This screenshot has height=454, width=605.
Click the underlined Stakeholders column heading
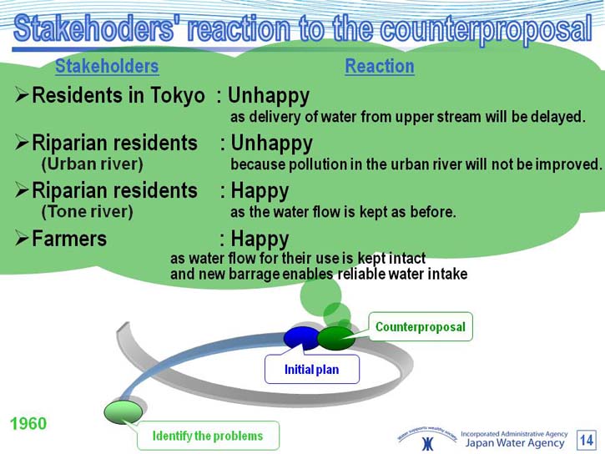pyautogui.click(x=107, y=66)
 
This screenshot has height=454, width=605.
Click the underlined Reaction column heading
pyautogui.click(x=380, y=66)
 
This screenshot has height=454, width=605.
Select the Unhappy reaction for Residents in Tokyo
pyautogui.click(x=269, y=96)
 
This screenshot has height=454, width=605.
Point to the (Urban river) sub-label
pyautogui.click(x=93, y=164)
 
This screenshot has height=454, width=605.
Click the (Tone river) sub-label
pyautogui.click(x=87, y=212)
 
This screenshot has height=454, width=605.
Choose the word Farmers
pyautogui.click(x=69, y=239)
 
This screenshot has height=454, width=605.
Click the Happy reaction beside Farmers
pyautogui.click(x=260, y=240)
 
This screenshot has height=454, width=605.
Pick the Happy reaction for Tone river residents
pyautogui.click(x=260, y=191)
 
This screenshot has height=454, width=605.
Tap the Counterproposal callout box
pyautogui.click(x=421, y=326)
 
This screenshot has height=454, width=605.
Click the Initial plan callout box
pyautogui.click(x=312, y=370)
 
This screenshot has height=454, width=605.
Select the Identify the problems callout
pyautogui.click(x=208, y=436)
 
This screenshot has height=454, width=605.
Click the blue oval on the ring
pyautogui.click(x=302, y=338)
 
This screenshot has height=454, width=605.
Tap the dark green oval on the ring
pyautogui.click(x=336, y=338)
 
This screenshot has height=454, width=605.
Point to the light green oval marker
pyautogui.click(x=123, y=412)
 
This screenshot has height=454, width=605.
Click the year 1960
pyautogui.click(x=28, y=423)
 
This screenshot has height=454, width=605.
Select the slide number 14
pyautogui.click(x=587, y=440)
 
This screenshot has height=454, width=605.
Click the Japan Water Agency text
pyautogui.click(x=515, y=443)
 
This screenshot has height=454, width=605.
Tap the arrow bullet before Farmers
pyautogui.click(x=22, y=239)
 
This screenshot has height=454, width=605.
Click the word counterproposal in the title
pyautogui.click(x=486, y=29)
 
